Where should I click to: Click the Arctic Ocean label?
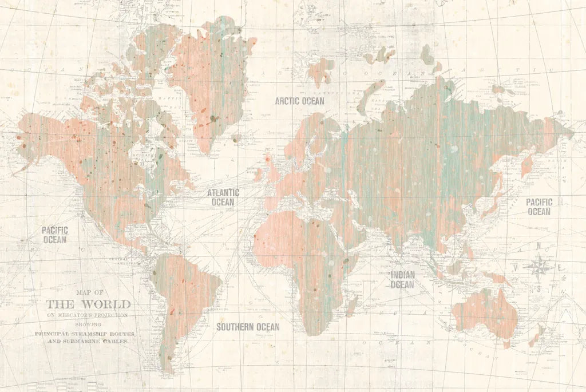click(x=299, y=101)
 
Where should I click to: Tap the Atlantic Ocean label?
click(x=223, y=197)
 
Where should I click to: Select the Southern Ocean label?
click(x=248, y=327)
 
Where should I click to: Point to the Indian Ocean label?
click(x=402, y=280)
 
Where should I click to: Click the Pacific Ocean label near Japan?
click(x=539, y=207)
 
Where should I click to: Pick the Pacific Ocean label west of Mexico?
click(x=55, y=235)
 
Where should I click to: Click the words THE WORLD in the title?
click(x=88, y=304)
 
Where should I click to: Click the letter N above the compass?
click(x=538, y=246)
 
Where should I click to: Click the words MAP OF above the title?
click(x=88, y=292)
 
